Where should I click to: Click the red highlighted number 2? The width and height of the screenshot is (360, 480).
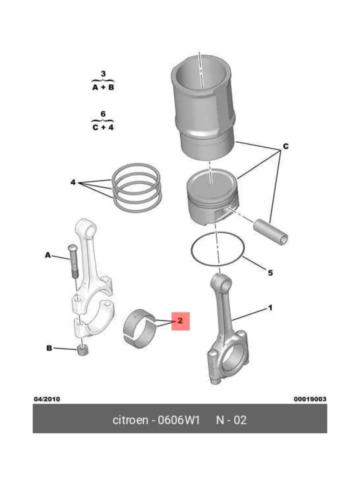tap(180, 321)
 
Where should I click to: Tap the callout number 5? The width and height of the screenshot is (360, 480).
tap(270, 273)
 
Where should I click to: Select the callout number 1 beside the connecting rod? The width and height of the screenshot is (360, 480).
tap(270, 308)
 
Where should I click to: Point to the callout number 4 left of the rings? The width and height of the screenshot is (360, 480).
tap(73, 182)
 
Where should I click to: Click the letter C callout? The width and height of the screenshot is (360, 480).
tap(286, 146)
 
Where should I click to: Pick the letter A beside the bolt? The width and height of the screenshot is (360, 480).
tap(48, 255)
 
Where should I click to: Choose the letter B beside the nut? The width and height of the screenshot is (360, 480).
tap(49, 348)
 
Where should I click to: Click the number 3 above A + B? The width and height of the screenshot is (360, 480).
tap(103, 74)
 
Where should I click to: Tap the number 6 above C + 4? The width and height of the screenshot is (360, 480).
tap(103, 114)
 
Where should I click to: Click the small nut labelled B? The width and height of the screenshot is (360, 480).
tap(83, 350)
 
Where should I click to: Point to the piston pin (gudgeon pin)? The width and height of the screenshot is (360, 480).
tap(271, 232)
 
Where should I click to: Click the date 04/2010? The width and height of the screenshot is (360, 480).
tap(47, 399)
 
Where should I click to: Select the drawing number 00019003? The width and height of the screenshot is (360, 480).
tap(310, 399)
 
